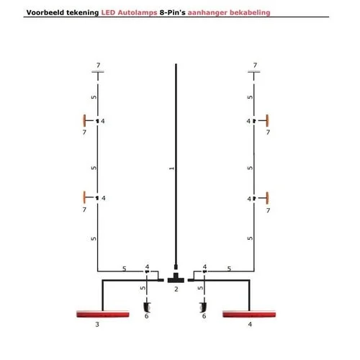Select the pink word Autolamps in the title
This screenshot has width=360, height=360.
138,12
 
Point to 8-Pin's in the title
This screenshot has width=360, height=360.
173,12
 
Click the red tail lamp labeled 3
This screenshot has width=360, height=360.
103,314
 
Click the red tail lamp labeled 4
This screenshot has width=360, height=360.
249,314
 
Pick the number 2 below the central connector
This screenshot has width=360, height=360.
176,289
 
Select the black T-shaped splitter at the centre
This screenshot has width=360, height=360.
176,278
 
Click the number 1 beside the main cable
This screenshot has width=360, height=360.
171,168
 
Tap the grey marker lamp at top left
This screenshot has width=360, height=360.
98,71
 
